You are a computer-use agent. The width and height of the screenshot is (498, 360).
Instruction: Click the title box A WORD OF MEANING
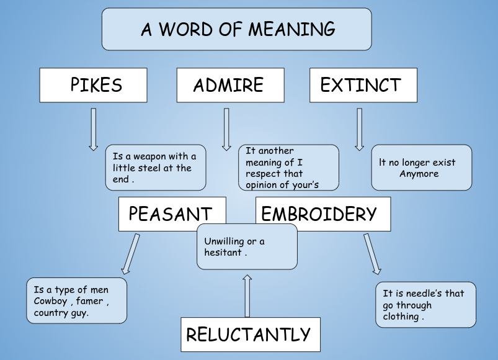click(x=236, y=29)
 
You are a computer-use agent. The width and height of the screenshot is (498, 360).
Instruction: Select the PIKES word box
click(x=93, y=85)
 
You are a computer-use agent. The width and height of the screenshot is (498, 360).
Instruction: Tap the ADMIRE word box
click(x=230, y=85)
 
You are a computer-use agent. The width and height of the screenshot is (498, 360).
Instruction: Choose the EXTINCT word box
click(x=363, y=85)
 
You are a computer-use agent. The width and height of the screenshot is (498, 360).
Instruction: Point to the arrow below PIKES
click(x=94, y=129)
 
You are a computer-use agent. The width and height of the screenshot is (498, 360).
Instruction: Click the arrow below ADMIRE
click(x=226, y=129)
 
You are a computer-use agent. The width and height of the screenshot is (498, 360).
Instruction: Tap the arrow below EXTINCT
click(x=359, y=129)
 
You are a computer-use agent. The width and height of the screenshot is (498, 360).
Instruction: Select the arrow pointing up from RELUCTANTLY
click(x=247, y=295)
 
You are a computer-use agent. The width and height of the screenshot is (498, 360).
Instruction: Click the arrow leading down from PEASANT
click(x=130, y=253)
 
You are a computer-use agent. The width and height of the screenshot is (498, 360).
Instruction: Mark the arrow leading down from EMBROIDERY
click(x=373, y=253)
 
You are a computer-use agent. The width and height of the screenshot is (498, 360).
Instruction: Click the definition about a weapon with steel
click(x=155, y=168)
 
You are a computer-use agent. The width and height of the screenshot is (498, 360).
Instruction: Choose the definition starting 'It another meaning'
click(x=288, y=168)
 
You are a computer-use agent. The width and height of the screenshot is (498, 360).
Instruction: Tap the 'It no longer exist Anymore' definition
click(x=421, y=168)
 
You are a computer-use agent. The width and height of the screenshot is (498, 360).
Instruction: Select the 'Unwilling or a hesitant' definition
click(x=247, y=246)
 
